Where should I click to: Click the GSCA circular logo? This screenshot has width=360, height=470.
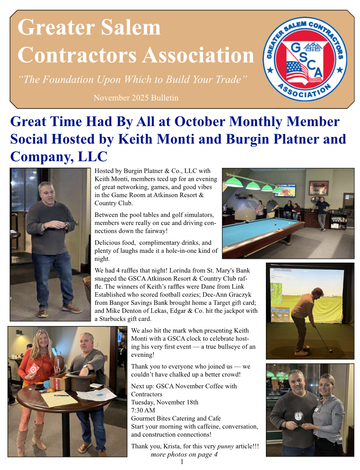click(x=305, y=60)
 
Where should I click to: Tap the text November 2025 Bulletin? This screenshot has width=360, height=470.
click(x=136, y=98)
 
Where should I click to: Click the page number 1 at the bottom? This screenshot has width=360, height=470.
click(x=182, y=462)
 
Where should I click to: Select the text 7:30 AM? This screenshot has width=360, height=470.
click(x=143, y=410)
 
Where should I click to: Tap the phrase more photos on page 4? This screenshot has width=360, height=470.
click(x=184, y=454)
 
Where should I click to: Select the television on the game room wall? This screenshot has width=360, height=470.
click(x=285, y=190)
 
